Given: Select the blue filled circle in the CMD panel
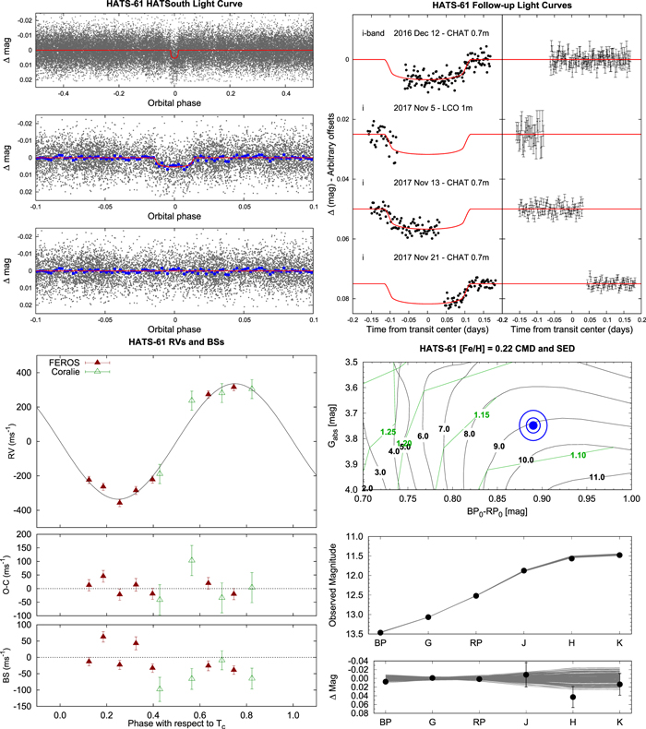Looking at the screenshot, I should coord(534,425).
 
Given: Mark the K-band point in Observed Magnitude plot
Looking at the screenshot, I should coord(619,555).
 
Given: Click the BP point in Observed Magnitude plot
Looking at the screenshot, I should coord(381,632).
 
